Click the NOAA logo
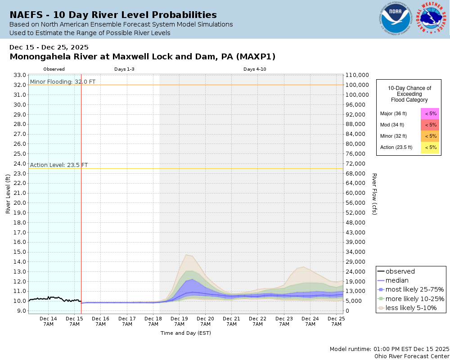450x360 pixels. tap(395, 19)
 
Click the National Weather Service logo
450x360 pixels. tap(432, 19)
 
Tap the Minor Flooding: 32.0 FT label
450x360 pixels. tap(63, 82)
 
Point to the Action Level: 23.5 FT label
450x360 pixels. tap(59, 165)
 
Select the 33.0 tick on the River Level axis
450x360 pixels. tap(20, 75)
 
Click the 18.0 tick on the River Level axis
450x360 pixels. tap(20, 222)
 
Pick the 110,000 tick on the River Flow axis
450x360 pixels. tap(357, 75)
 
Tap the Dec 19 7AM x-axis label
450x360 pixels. tap(179, 321)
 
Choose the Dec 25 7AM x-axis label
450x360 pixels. tap(336, 321)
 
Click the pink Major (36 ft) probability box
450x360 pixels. tap(430, 114)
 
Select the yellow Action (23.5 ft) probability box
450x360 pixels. tap(430, 147)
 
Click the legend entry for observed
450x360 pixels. tap(400, 271)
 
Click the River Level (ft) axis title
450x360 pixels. tap(8, 194)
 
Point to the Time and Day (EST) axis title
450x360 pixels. tap(185, 333)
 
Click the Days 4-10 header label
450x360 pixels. tap(255, 69)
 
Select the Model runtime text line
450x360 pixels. tap(389, 349)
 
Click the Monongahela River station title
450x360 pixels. tap(142, 57)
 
